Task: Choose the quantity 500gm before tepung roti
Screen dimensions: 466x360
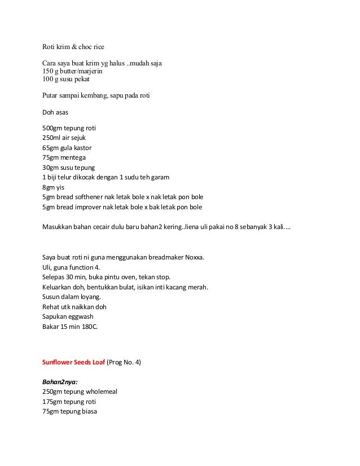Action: pos(52,128)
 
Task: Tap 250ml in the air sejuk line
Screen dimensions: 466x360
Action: pos(52,137)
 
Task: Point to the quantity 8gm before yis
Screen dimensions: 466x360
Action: pos(49,187)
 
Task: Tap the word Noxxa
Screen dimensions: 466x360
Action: pos(192,258)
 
